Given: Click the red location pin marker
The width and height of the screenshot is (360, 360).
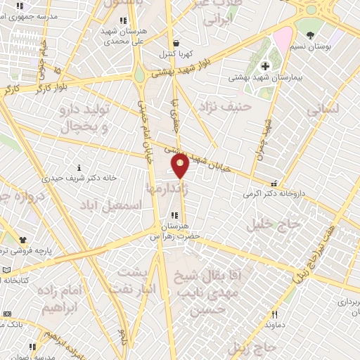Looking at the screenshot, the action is click(180, 166).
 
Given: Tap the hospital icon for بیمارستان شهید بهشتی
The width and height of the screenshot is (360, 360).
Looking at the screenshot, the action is click(264, 66).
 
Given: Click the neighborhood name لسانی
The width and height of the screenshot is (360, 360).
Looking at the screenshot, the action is click(323, 109).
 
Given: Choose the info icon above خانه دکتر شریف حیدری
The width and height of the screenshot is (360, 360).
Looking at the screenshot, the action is click(79, 167).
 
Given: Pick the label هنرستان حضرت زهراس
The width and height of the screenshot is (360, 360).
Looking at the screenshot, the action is click(174, 231).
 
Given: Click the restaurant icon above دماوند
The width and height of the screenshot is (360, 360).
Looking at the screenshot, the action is click(275, 315).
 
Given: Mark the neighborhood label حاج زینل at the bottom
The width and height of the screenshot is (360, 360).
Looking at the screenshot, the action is click(250, 348).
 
